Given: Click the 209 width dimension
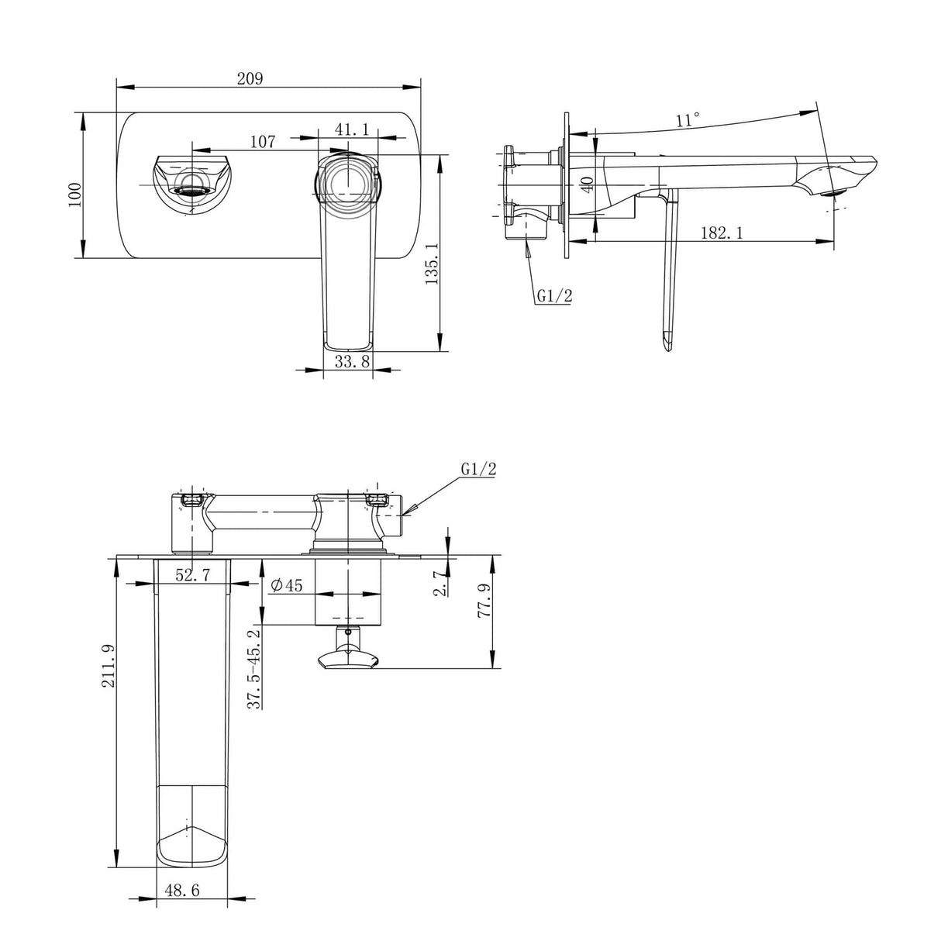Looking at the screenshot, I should [x=250, y=78].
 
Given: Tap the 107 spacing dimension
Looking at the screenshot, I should [x=263, y=142].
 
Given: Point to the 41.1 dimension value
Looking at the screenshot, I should [x=351, y=129].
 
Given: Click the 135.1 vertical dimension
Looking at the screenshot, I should [x=433, y=263].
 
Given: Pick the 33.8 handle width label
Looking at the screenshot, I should [x=353, y=360].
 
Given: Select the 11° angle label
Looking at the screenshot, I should [x=688, y=120].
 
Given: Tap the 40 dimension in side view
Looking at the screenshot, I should [x=588, y=184].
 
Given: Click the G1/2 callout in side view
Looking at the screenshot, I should [x=553, y=295].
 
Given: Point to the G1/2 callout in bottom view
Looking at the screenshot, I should [x=478, y=469].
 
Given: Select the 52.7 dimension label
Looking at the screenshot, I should [x=193, y=575].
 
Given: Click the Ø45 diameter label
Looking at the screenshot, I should [x=286, y=585].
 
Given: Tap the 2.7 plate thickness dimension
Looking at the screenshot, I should [x=439, y=584].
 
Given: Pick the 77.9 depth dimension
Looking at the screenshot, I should [x=484, y=601].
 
